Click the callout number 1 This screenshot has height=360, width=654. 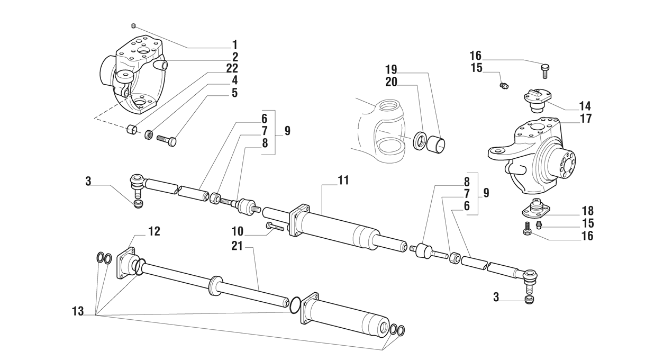[234, 45]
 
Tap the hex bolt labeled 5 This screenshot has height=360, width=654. [167, 141]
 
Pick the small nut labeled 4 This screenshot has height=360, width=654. [150, 135]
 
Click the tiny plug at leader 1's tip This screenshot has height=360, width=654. [134, 25]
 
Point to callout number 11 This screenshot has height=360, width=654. [343, 181]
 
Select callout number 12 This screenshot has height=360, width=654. [153, 231]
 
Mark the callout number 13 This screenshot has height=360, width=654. [78, 312]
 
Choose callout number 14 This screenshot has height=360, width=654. [585, 106]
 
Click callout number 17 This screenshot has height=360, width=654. [585, 119]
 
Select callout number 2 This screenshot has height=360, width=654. [234, 57]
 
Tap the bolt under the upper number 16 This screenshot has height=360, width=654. [546, 69]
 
